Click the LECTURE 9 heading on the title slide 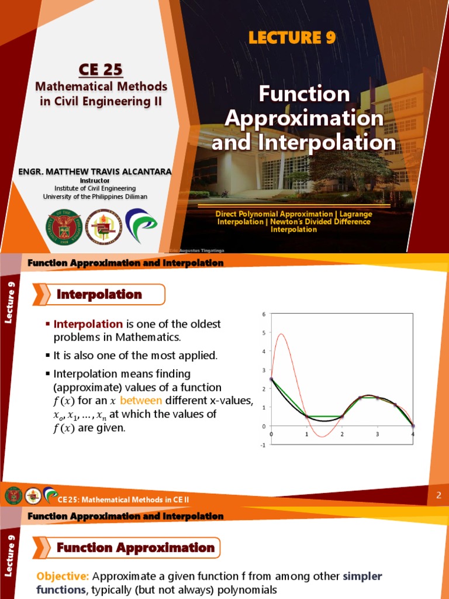[x=292, y=38]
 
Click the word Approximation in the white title [x=304, y=118]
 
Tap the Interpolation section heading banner [x=99, y=295]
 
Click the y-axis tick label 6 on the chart [x=264, y=314]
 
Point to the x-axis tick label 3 [x=378, y=435]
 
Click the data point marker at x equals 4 [x=413, y=426]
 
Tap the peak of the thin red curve [x=281, y=334]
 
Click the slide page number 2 [x=438, y=496]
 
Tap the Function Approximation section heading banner [x=136, y=548]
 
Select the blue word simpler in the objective [x=362, y=577]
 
